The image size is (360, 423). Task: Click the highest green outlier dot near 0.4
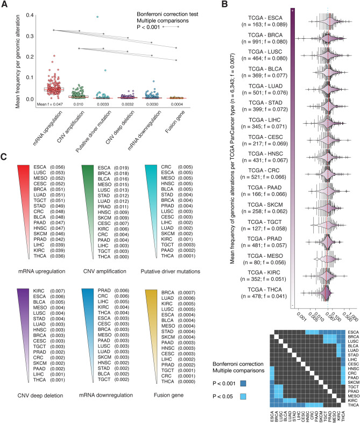pyautogui.click(x=98, y=17)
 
